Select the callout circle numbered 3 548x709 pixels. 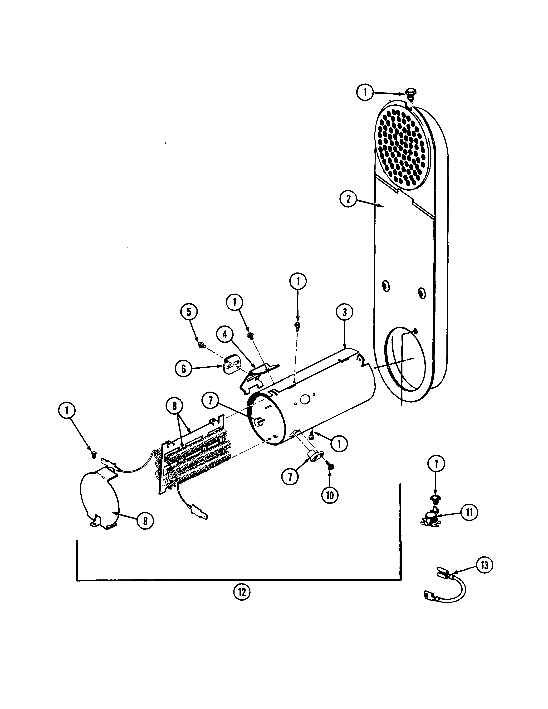[344, 312]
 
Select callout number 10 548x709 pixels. [330, 495]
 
